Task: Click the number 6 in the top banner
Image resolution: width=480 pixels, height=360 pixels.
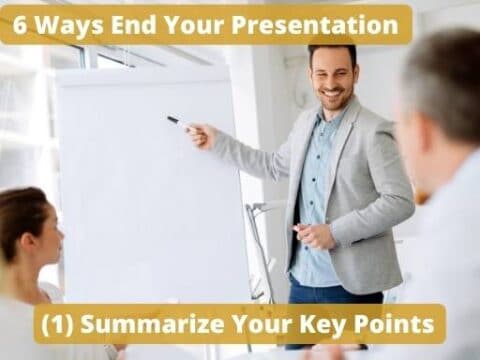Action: coord(21,23)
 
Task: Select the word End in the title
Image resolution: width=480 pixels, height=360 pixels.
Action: coord(126,23)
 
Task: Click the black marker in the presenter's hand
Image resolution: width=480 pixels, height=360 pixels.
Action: coord(176,122)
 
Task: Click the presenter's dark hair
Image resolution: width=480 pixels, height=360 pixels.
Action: coord(331,50)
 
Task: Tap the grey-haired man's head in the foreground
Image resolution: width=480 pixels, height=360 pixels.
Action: coord(440,100)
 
